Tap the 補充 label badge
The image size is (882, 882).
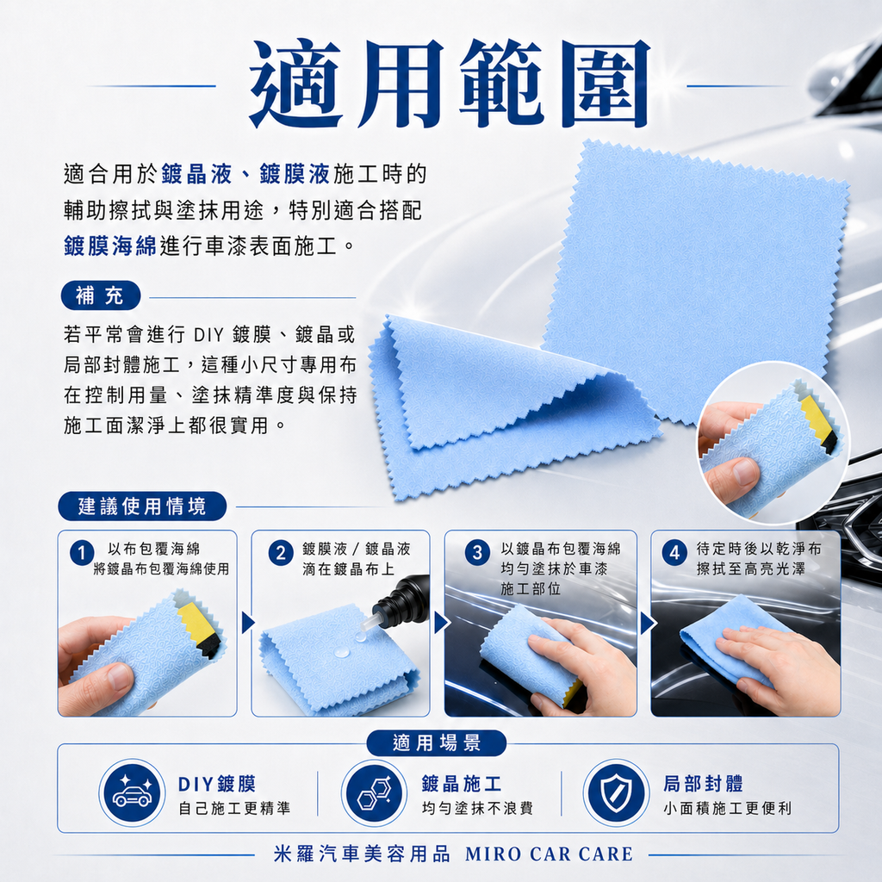point(100,297)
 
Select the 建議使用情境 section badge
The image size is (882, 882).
point(143,506)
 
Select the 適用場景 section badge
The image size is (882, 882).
point(437,743)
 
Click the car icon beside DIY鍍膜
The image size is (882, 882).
point(132,792)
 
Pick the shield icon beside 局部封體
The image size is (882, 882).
point(616,792)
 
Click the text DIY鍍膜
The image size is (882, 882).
point(217,784)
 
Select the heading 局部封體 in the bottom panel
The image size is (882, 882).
point(703,784)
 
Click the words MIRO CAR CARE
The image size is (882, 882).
point(549,854)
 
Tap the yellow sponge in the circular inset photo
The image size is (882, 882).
point(817,422)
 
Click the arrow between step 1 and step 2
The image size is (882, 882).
point(247,622)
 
